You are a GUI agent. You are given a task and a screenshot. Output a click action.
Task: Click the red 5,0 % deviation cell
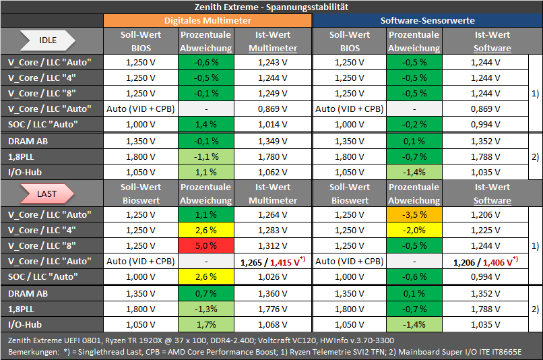click(206, 245)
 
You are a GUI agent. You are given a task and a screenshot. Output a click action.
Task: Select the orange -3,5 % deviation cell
click(414, 215)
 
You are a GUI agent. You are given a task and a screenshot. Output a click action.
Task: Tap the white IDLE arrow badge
click(47, 40)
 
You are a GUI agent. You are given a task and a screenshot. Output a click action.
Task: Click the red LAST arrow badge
click(47, 193)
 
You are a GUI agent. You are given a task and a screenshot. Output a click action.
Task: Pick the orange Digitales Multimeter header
click(207, 20)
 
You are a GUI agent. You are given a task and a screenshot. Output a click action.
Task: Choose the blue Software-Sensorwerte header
click(427, 20)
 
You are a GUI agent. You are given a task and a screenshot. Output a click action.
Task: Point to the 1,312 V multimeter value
click(273, 245)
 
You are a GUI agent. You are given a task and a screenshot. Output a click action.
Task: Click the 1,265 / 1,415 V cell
click(273, 262)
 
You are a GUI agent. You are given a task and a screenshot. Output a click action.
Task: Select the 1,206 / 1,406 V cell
click(486, 262)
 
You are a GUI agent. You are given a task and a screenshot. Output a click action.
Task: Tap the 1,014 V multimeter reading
click(273, 125)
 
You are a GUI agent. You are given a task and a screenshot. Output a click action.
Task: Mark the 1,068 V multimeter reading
click(273, 325)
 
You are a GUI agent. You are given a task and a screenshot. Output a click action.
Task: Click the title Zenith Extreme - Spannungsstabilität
click(271, 7)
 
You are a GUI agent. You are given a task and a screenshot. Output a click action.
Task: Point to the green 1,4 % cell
click(206, 125)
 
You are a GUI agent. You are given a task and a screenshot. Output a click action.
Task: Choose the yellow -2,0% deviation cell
click(414, 230)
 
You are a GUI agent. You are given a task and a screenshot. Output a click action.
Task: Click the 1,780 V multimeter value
click(273, 156)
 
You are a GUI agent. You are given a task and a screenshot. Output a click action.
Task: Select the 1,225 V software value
click(486, 230)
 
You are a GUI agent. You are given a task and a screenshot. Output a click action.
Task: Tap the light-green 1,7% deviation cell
click(206, 325)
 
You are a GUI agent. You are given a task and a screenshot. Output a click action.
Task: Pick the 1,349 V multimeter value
click(273, 142)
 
